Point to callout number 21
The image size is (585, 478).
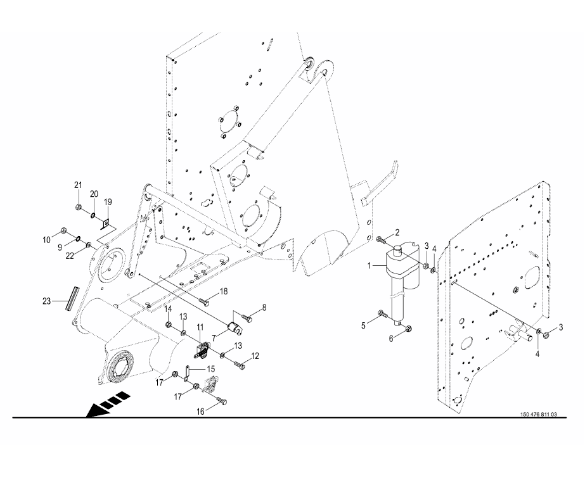(78, 185)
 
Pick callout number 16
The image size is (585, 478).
(200, 411)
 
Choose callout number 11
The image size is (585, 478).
(199, 327)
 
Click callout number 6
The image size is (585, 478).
(391, 339)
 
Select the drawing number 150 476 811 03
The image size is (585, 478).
(538, 415)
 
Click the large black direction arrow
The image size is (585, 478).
(108, 406)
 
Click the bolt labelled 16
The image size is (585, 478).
(221, 399)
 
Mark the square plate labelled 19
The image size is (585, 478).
(106, 222)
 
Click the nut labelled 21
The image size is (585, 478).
(77, 207)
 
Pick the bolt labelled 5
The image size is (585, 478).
(382, 313)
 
